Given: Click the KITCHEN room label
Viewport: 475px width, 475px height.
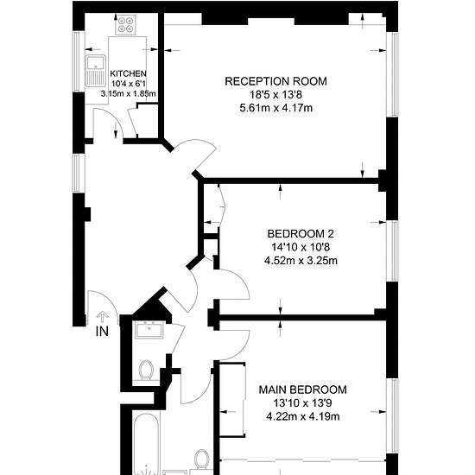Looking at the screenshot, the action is click(x=128, y=73).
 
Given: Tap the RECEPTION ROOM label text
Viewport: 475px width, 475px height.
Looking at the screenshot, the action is click(x=276, y=81).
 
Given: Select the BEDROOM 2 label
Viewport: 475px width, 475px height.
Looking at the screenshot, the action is click(x=301, y=234).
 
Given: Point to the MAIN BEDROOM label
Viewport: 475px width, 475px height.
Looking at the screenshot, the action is click(x=302, y=389).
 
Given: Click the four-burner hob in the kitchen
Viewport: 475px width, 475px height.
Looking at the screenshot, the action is click(x=126, y=25).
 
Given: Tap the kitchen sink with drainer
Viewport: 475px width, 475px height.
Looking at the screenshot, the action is click(x=96, y=71).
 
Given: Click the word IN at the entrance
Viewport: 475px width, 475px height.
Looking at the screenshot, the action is click(x=102, y=332).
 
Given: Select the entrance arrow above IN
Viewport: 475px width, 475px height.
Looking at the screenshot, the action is click(x=103, y=317).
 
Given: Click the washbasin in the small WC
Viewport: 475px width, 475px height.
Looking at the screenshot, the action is click(x=149, y=330).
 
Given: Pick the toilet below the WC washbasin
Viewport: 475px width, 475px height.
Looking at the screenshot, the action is click(x=146, y=370).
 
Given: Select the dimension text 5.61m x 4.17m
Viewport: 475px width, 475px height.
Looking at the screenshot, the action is click(x=276, y=108).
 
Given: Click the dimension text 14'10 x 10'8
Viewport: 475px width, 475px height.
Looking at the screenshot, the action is click(x=301, y=247).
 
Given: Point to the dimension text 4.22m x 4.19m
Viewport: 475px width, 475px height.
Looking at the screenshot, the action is click(x=303, y=416).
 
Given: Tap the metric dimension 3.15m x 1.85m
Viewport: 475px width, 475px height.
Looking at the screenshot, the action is click(x=129, y=93).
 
